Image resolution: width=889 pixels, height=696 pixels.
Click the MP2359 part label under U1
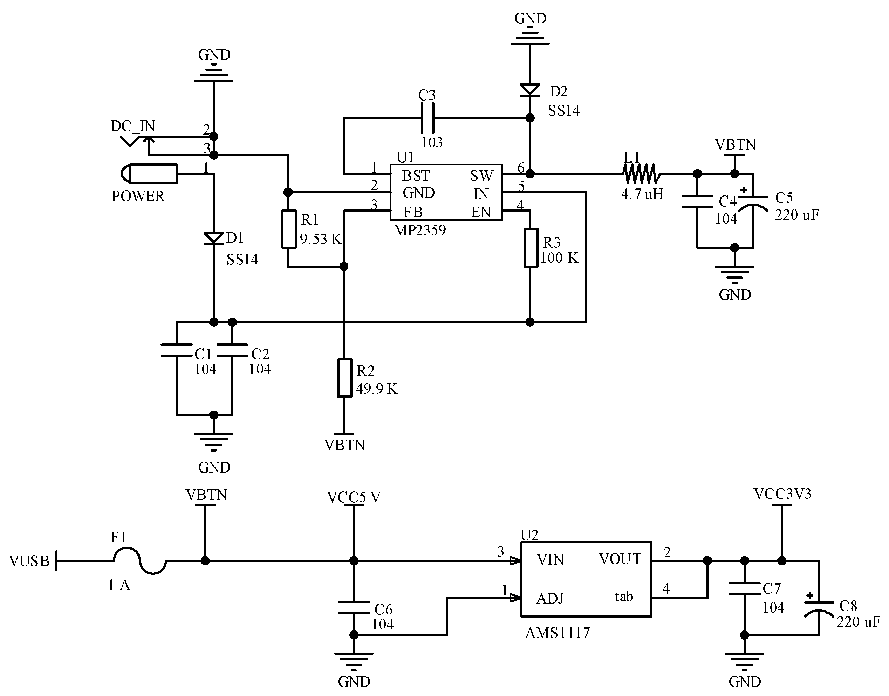[x=419, y=230]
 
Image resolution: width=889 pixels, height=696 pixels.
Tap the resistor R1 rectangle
[x=289, y=229]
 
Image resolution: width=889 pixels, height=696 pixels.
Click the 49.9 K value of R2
[x=376, y=388]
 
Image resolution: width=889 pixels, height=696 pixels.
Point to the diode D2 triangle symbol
[x=530, y=90]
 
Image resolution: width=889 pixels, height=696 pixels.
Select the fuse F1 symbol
[x=140, y=561]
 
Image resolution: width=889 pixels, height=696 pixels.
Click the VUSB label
[x=29, y=561]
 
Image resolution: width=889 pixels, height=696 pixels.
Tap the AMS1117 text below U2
[x=557, y=633]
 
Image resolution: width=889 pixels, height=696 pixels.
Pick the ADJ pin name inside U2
[x=550, y=599]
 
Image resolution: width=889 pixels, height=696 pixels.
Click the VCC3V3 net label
[x=782, y=494]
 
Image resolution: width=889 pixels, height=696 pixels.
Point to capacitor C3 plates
[x=427, y=118]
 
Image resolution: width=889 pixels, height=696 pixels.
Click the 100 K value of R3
[x=559, y=257]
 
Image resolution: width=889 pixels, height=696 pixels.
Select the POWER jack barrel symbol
[x=149, y=174]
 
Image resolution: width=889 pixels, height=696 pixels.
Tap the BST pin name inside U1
[x=415, y=175]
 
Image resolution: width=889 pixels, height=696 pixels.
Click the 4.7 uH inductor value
[x=642, y=194]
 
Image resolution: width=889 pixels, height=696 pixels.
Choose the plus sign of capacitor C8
[x=809, y=596]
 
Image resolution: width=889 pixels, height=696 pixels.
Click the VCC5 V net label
[x=354, y=497]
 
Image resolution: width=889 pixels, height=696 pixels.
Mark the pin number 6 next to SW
[x=520, y=168]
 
